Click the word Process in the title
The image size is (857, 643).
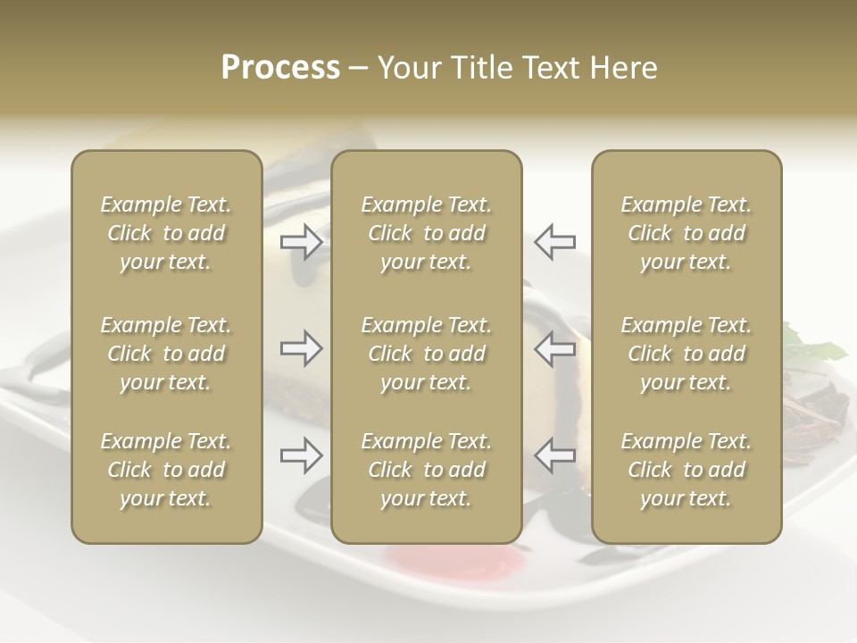[280, 68]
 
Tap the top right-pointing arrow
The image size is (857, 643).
[302, 242]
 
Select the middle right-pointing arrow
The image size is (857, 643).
[302, 348]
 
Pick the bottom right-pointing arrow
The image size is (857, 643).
[302, 455]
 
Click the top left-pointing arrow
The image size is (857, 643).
[554, 242]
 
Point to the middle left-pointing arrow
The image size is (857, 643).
[554, 348]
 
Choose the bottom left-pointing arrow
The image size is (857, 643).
[554, 455]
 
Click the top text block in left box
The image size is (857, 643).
[166, 233]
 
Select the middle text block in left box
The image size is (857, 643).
[166, 354]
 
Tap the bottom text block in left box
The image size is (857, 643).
[166, 470]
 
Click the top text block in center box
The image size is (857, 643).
[426, 233]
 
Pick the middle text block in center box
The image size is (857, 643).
[426, 354]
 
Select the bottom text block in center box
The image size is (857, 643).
[426, 470]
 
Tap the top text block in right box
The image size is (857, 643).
[686, 233]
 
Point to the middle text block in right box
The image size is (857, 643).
[686, 354]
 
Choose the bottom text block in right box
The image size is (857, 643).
[686, 470]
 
